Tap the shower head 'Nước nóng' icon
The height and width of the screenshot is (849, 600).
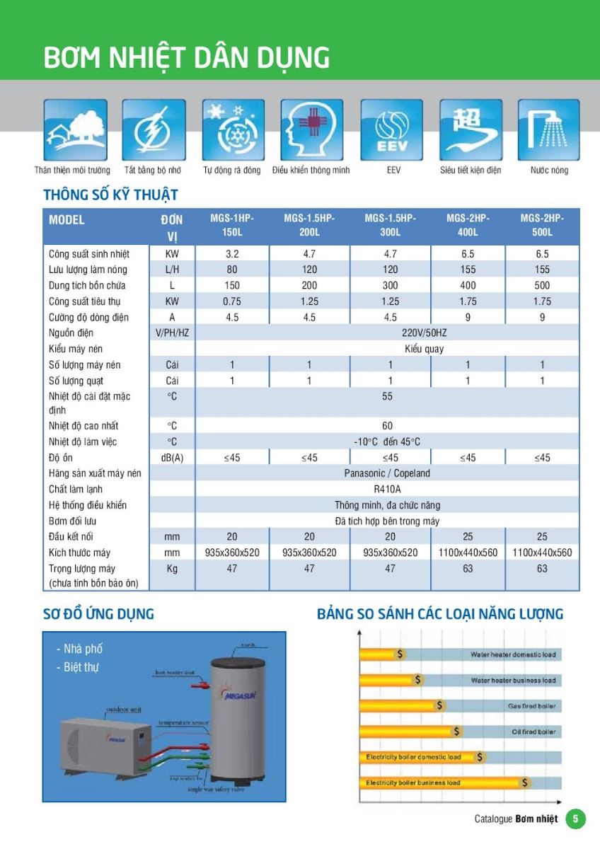tap(548, 130)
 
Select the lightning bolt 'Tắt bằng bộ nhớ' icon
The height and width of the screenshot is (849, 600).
tap(154, 130)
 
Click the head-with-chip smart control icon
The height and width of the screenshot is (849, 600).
tap(312, 130)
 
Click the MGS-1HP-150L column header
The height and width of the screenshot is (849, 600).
tap(232, 226)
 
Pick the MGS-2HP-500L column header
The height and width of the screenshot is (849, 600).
tap(542, 226)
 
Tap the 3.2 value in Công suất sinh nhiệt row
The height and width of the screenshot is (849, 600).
tap(232, 254)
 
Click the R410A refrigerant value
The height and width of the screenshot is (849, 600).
tap(387, 490)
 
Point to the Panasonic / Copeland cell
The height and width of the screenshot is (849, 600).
tap(387, 473)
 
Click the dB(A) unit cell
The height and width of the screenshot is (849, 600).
tap(172, 458)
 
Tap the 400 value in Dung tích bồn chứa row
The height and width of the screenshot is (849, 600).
tap(468, 286)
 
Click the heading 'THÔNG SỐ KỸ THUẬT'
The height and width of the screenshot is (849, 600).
tap(110, 195)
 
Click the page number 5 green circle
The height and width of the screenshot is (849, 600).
tap(576, 819)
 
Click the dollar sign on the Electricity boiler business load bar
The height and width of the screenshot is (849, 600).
tap(525, 782)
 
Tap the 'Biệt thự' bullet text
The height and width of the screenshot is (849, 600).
tap(81, 667)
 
